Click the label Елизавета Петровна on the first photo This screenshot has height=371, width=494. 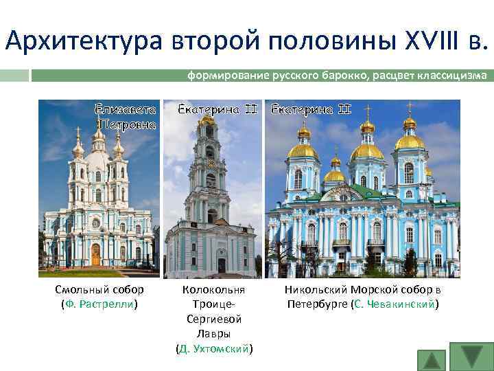126,117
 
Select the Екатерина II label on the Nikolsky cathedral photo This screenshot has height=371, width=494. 311,109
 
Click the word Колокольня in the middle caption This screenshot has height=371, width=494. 214,290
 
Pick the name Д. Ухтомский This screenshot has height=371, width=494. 214,348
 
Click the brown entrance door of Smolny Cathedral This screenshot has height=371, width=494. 96,254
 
